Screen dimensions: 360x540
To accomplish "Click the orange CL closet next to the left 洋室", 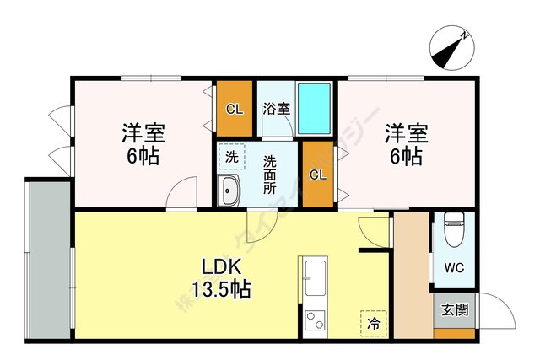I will [x=234, y=108].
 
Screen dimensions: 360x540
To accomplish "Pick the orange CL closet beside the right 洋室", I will [x=318, y=176].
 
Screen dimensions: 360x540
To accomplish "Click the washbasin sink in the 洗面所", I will [x=230, y=192].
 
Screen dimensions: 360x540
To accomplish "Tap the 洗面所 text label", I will [x=269, y=175].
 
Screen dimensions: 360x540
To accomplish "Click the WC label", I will [x=454, y=270].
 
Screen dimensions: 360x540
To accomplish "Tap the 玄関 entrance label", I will [x=454, y=309].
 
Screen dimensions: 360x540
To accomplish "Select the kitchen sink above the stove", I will [x=316, y=277].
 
